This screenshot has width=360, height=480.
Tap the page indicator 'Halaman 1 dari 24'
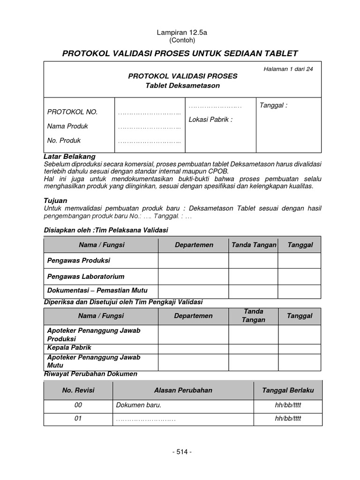point(288,69)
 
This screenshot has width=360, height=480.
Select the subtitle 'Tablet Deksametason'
point(183,85)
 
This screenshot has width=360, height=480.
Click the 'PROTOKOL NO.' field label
point(72,112)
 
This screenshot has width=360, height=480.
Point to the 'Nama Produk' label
point(67,126)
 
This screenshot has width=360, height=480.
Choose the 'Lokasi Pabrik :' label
point(210,120)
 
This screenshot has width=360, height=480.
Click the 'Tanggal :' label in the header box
point(273,105)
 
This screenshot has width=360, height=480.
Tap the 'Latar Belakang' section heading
point(69,156)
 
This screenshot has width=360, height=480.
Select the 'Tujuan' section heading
point(55,200)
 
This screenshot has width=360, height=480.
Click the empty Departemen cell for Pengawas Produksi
point(193,260)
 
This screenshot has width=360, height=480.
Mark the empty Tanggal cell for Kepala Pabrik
point(299,348)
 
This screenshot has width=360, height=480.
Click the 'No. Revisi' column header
point(78,390)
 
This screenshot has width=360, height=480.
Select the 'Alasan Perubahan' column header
point(183,390)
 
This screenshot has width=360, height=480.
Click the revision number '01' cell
point(78,419)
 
